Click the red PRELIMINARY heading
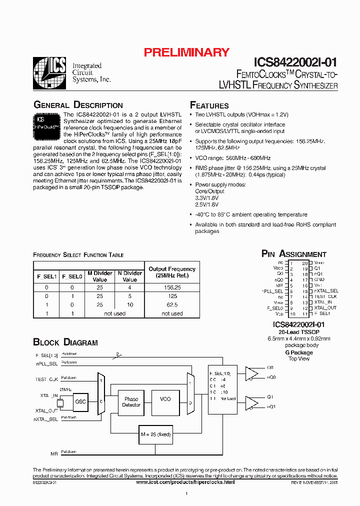(186, 52)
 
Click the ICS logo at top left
(49, 73)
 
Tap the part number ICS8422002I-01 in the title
(295, 62)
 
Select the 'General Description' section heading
(78, 105)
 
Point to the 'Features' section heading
(209, 105)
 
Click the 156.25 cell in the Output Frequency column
(172, 287)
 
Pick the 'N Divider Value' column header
(129, 276)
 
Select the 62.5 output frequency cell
(172, 305)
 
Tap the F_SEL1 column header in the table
(46, 276)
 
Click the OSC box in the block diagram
(80, 401)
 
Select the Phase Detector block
(131, 401)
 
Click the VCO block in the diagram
(165, 399)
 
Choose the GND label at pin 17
(319, 280)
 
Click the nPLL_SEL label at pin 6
(272, 291)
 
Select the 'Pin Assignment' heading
(294, 254)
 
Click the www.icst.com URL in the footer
(185, 482)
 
